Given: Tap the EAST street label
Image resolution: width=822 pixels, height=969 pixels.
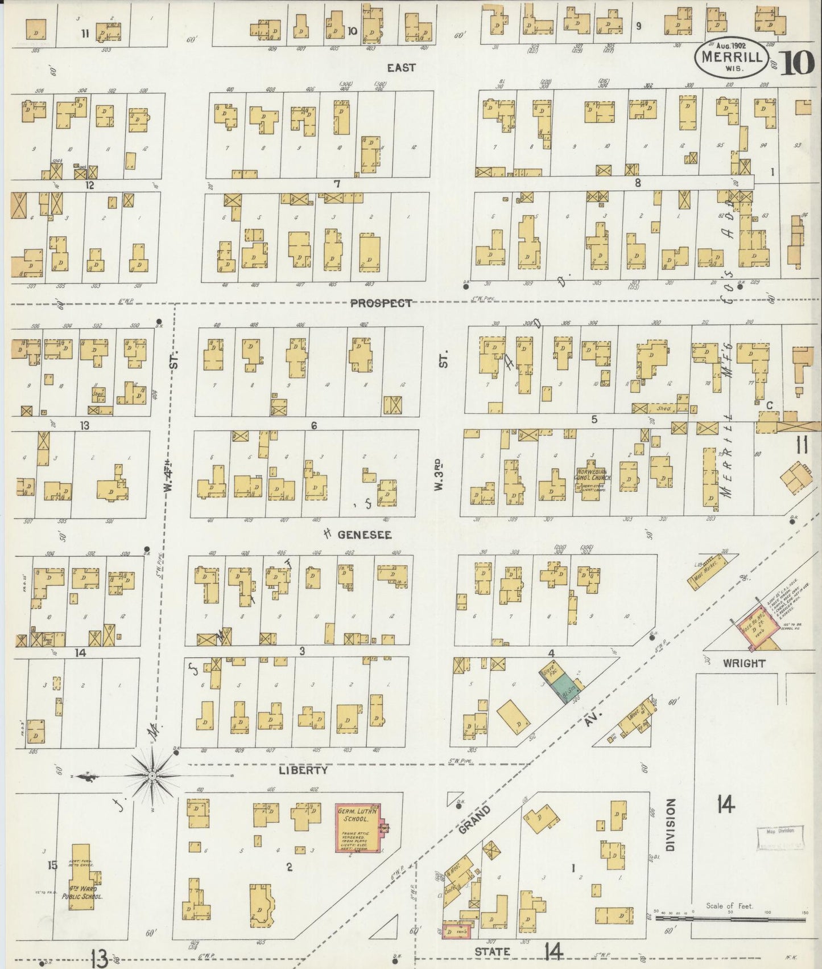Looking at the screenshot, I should (x=401, y=68).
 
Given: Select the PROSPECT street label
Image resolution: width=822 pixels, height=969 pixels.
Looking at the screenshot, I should (x=381, y=303).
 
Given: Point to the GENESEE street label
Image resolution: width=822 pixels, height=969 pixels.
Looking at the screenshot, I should (x=365, y=535).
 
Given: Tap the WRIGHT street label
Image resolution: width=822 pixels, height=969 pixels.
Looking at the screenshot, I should (x=744, y=663).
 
